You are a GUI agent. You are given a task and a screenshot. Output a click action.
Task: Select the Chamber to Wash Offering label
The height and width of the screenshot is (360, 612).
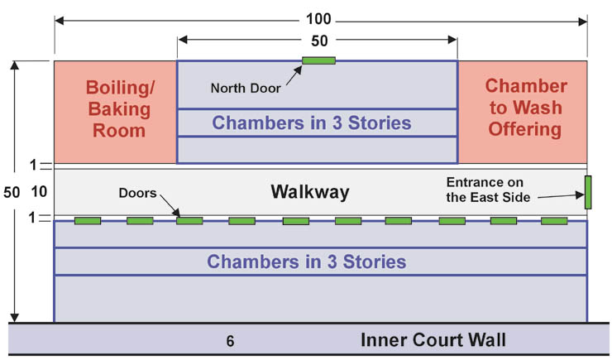click(x=525, y=108)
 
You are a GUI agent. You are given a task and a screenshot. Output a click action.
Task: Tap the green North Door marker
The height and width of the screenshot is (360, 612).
click(x=318, y=60)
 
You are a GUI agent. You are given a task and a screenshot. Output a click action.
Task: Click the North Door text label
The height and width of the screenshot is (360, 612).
click(x=246, y=89)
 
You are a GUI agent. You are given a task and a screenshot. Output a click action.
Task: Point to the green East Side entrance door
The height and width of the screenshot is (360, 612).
click(x=588, y=192)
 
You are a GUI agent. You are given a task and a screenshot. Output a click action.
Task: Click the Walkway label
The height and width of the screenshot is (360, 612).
click(x=310, y=193)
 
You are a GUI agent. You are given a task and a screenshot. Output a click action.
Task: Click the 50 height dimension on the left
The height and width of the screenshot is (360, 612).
click(x=12, y=192)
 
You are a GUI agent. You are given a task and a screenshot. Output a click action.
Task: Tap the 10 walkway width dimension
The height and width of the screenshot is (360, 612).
click(x=39, y=192)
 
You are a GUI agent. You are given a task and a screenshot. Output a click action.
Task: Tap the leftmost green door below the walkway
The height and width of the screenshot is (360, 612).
click(x=88, y=221)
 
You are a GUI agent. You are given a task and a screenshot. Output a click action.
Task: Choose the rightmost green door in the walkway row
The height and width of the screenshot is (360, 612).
click(x=554, y=221)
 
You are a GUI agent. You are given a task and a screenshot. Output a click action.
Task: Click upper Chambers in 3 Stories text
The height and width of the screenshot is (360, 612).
click(x=312, y=123)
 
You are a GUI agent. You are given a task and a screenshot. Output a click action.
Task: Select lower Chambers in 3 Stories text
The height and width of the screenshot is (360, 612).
click(x=307, y=262)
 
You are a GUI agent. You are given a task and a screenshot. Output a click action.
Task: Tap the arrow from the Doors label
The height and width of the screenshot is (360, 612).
click(x=169, y=207)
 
